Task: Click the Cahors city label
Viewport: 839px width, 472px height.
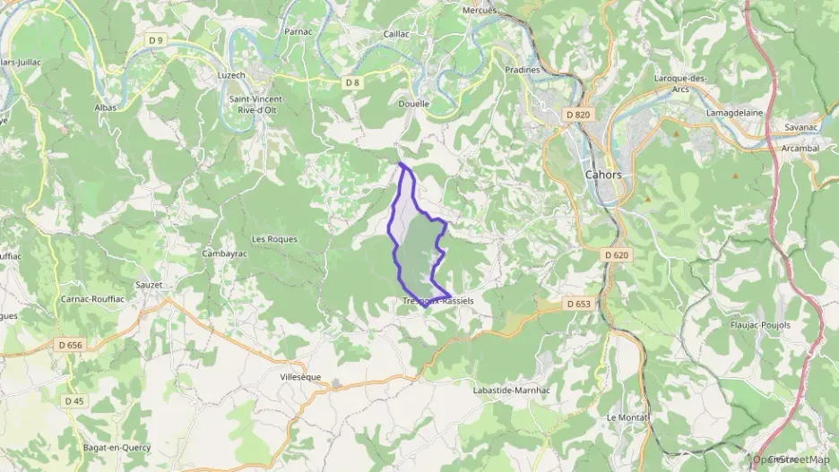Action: pos(602,175)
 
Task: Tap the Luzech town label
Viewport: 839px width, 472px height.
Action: pos(231,75)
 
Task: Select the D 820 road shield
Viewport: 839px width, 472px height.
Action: pos(578,115)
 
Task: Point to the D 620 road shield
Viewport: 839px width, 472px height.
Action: pos(616,255)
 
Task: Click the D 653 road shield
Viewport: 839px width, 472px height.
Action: pos(579,304)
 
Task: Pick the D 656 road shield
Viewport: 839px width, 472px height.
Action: pos(69,345)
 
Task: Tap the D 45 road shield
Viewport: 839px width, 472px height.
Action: pos(74,400)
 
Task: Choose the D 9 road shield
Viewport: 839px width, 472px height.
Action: pos(156,40)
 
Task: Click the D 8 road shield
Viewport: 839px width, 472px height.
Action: pos(352,82)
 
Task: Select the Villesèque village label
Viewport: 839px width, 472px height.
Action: pos(300,378)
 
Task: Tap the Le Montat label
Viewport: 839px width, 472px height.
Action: pos(627,418)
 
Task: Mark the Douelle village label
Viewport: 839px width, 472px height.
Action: pos(414,103)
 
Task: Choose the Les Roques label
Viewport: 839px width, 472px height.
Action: pos(274,239)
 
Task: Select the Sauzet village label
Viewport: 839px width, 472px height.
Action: pos(149,285)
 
